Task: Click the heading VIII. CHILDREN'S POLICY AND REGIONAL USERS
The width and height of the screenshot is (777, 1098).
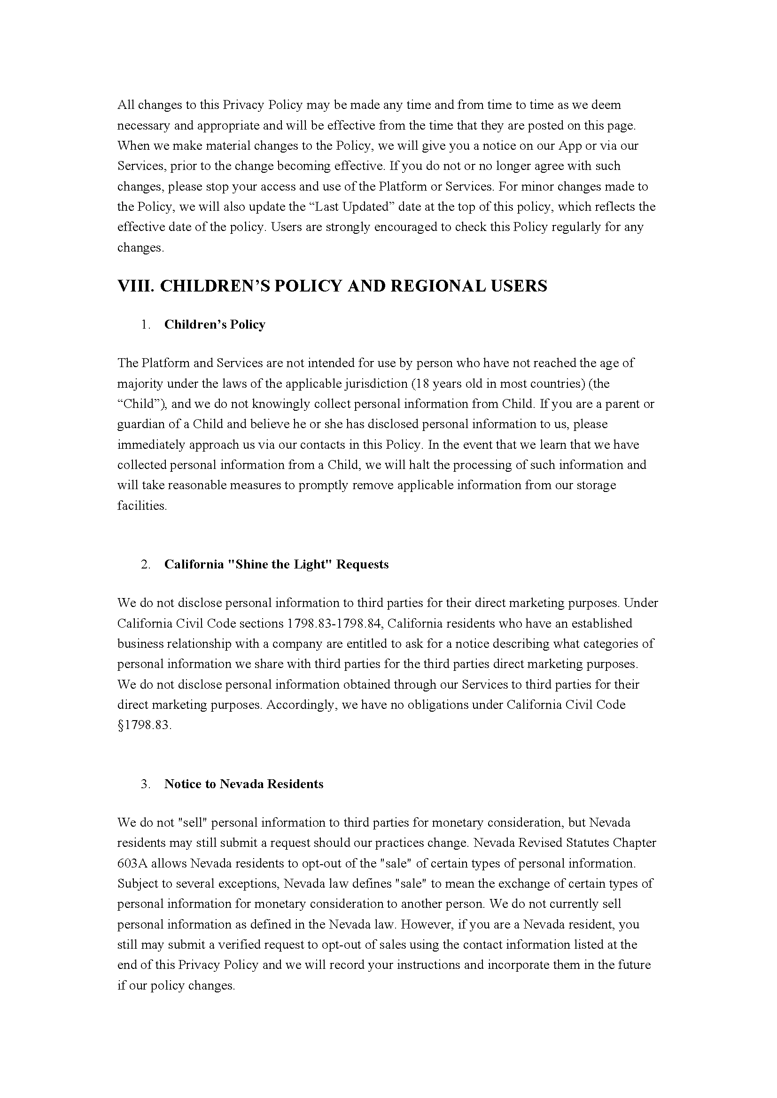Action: (x=332, y=286)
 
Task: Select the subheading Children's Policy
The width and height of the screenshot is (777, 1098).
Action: (x=214, y=325)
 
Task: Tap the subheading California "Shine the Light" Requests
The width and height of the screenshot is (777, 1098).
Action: (x=276, y=564)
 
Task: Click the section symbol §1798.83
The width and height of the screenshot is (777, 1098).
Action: (x=144, y=725)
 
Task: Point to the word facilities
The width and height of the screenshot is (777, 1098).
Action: (x=142, y=506)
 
